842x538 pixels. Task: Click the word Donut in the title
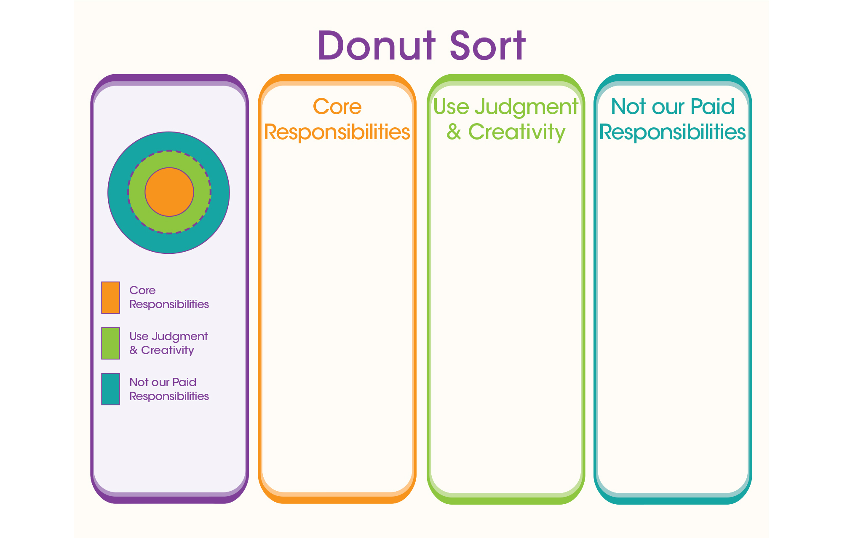[377, 45]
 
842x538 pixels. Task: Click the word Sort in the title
[488, 45]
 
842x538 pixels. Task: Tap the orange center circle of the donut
[169, 192]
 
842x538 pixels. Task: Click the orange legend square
[110, 297]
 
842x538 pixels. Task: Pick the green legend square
[110, 343]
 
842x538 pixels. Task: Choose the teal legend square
[110, 389]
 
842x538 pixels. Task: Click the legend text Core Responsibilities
[169, 297]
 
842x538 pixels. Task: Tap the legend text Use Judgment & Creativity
[168, 343]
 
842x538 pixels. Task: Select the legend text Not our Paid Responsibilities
[169, 389]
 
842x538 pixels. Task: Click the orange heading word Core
[337, 107]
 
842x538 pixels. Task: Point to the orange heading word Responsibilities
[337, 132]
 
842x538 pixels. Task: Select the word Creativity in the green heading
[517, 132]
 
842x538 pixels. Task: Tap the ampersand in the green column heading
[454, 132]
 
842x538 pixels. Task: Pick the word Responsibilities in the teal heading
[673, 132]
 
